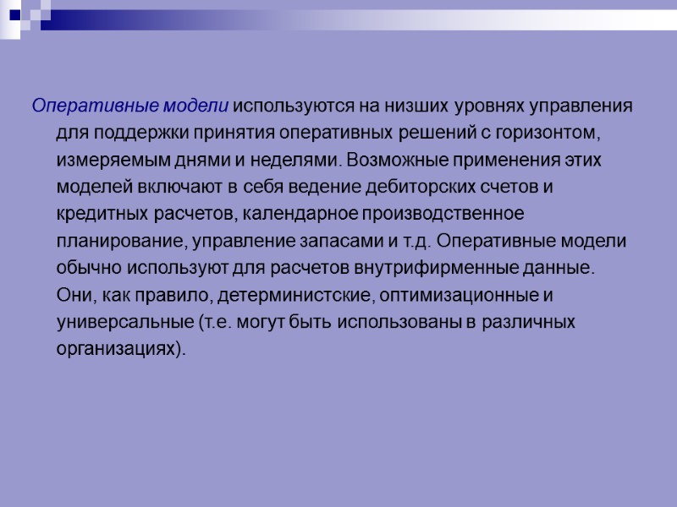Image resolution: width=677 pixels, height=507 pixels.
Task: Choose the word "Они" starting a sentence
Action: tap(72, 295)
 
